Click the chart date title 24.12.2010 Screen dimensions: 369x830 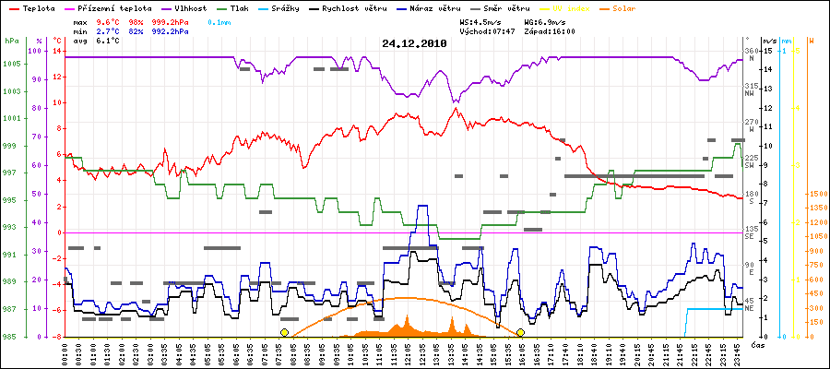point(414,43)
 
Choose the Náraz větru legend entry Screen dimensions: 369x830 point(438,7)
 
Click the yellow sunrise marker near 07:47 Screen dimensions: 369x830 point(284,332)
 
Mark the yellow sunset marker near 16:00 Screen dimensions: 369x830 point(521,332)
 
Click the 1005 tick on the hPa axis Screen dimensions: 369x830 point(12,64)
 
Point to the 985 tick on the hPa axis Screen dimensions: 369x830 point(12,336)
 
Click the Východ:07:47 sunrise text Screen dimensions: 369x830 point(486,30)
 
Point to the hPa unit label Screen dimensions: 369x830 point(11,42)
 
